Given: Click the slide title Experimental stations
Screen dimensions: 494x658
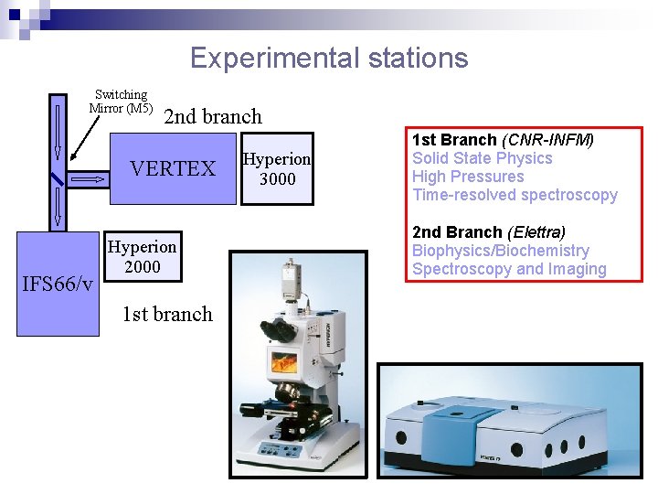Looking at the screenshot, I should tap(328, 59).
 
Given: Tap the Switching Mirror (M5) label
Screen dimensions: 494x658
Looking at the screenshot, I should tap(121, 102).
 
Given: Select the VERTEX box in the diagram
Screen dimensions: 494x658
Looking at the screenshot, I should tap(173, 169).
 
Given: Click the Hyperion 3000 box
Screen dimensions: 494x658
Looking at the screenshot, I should tap(277, 169).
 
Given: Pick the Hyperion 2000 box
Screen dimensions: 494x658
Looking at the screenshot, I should tap(142, 257).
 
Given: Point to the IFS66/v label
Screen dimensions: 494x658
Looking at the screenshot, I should tap(57, 285).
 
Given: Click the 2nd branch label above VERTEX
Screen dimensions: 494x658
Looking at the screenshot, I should tap(212, 116).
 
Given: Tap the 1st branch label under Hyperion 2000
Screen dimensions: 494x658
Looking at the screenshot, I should tap(167, 314).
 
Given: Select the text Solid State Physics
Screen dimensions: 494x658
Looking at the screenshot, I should tap(482, 158).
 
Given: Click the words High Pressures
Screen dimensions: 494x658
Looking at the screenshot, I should tap(468, 177).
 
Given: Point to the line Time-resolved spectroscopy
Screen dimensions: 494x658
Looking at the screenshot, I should tap(515, 195).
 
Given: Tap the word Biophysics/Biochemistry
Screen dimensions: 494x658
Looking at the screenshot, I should tap(500, 251).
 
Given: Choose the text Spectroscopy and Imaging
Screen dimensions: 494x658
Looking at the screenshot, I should tap(509, 269).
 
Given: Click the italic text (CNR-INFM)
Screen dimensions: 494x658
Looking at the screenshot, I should tap(547, 140).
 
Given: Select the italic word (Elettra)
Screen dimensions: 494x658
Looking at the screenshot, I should tap(536, 232).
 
